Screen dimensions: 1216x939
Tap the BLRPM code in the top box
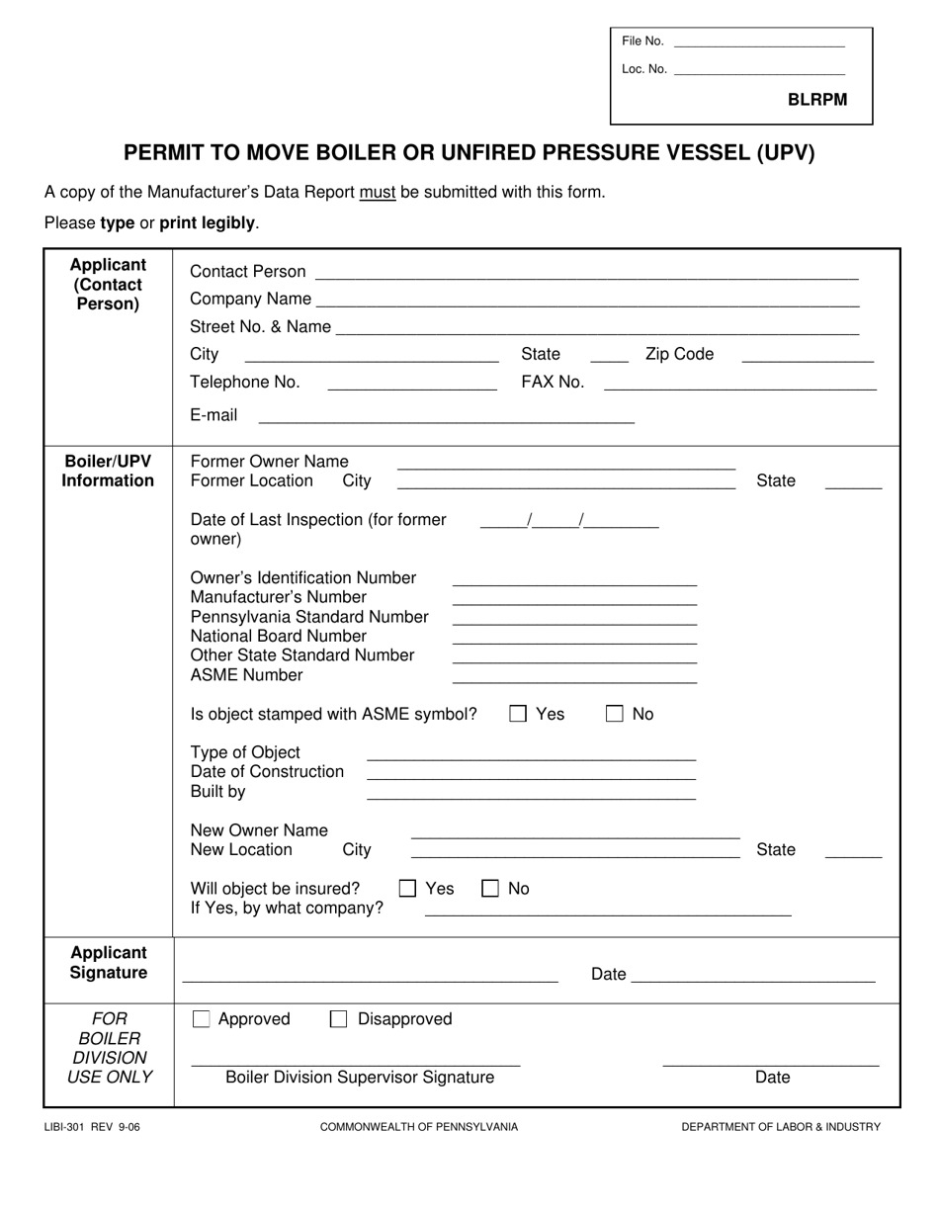point(817,100)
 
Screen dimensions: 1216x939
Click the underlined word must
point(378,193)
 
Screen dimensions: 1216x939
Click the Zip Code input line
point(808,359)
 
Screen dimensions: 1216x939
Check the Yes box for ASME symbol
point(518,714)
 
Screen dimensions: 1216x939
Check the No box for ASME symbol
point(615,714)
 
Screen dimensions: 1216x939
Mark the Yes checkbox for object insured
point(407,889)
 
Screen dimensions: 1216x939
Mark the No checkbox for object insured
point(490,889)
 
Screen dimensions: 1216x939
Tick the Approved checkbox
point(202,1019)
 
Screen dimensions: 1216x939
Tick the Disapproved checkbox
point(338,1019)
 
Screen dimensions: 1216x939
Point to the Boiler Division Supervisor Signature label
point(360,1078)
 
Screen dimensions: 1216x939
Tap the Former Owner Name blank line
point(565,466)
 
